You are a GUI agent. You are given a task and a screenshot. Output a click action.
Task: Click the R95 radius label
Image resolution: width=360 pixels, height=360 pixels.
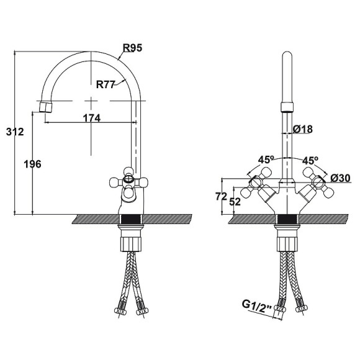(x=132, y=48)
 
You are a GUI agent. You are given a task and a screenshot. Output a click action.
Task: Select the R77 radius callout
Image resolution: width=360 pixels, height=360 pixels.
(x=105, y=84)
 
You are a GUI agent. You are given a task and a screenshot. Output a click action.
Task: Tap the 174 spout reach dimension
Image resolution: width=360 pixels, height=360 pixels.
(x=92, y=118)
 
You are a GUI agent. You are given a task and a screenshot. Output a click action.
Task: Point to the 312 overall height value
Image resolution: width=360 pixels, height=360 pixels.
(x=15, y=132)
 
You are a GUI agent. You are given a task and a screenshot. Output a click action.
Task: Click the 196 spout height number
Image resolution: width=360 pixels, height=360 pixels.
(x=33, y=164)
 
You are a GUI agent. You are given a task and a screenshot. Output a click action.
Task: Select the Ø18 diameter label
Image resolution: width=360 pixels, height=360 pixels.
(x=303, y=129)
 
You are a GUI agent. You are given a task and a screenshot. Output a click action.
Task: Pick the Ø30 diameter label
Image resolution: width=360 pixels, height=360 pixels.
(x=341, y=178)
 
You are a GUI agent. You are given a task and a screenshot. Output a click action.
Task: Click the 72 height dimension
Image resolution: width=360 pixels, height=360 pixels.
(x=221, y=197)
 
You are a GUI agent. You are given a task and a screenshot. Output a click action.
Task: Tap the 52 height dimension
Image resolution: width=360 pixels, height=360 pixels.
(x=235, y=202)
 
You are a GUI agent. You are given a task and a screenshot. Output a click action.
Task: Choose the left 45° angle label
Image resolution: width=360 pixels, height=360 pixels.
(x=266, y=160)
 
